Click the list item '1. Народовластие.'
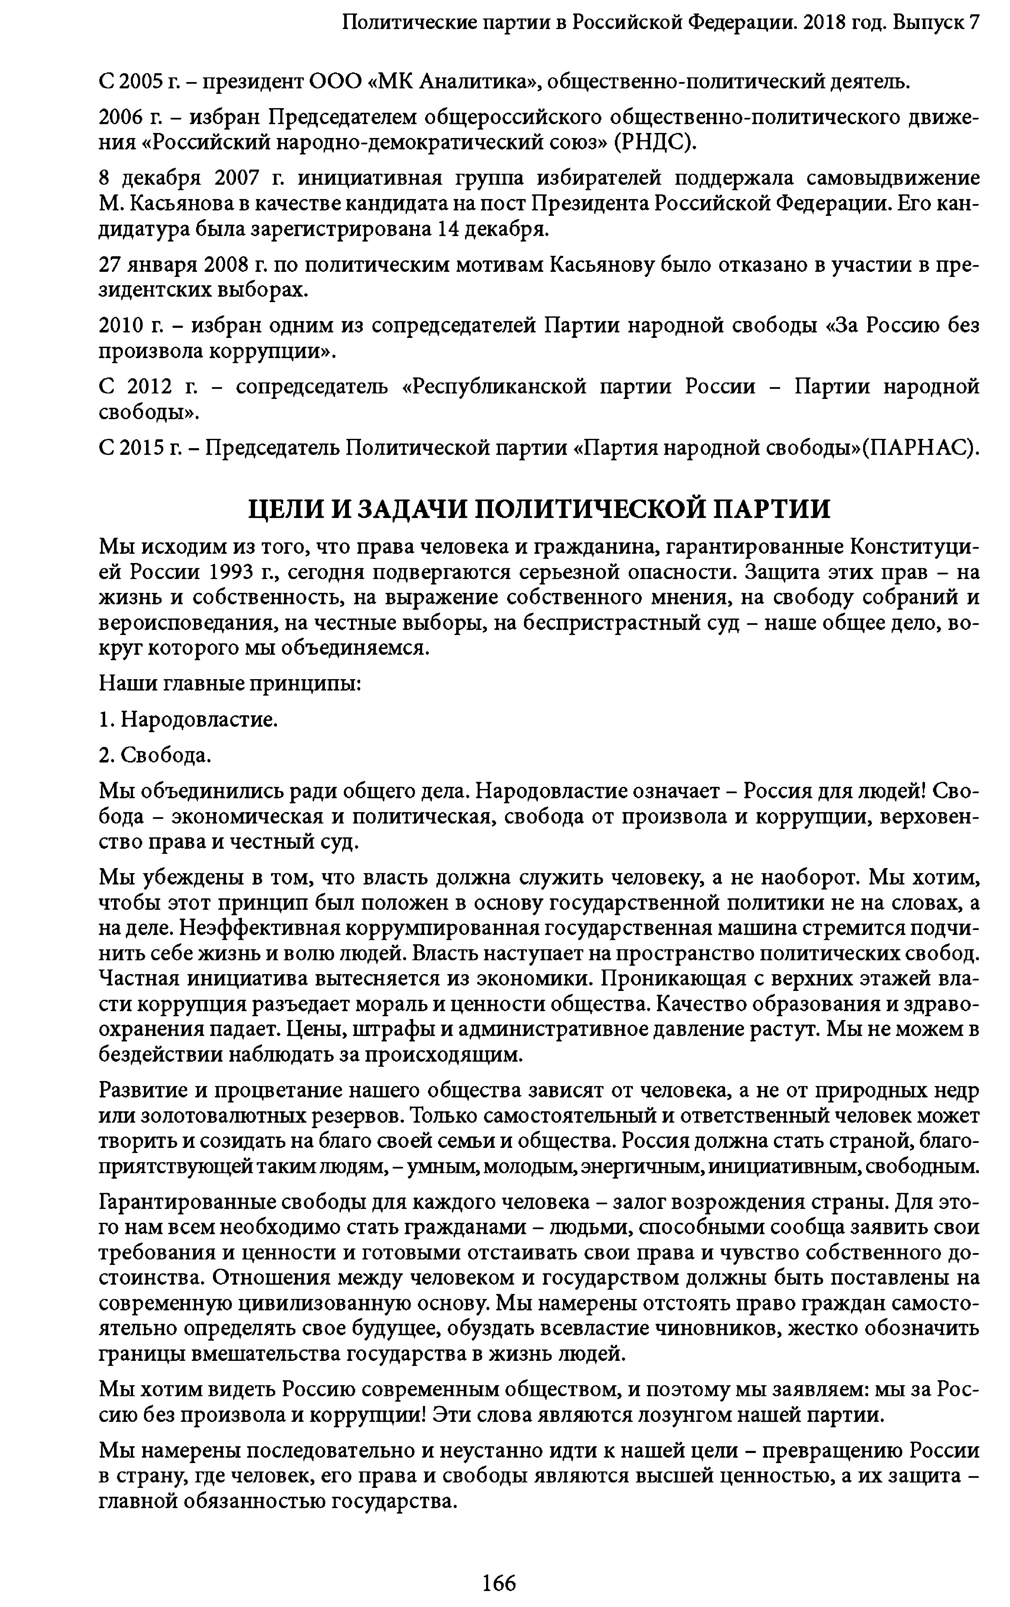click(x=188, y=720)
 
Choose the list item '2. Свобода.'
click(x=155, y=755)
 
